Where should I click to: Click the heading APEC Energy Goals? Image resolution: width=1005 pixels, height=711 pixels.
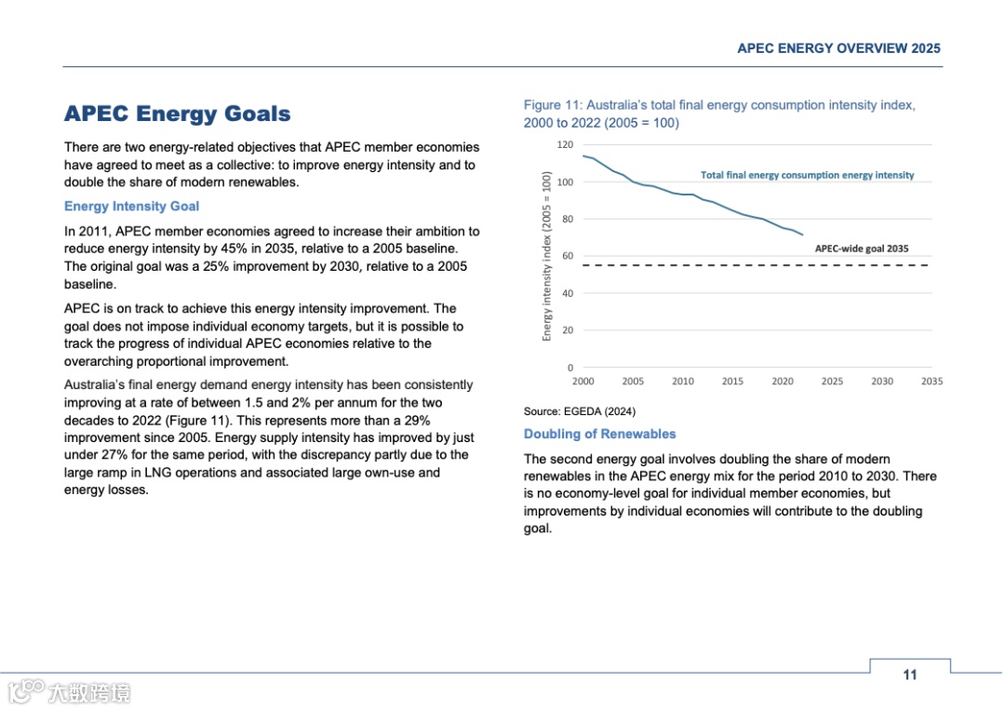(177, 114)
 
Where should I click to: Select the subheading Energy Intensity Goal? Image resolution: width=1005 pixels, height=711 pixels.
(131, 207)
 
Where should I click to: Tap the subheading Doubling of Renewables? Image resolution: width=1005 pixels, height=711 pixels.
(599, 434)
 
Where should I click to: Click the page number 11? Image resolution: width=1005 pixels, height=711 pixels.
(909, 675)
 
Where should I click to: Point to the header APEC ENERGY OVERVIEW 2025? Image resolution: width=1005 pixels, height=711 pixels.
(838, 48)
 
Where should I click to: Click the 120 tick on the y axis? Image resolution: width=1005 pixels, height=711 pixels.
(564, 145)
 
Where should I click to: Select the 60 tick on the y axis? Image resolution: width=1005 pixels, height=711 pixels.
(567, 256)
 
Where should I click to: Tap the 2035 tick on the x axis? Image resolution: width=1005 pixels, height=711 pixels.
(931, 382)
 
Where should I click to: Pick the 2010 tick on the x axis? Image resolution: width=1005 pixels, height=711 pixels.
(682, 382)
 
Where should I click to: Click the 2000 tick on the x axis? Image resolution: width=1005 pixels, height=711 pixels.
(583, 382)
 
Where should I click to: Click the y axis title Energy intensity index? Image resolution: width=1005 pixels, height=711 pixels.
(547, 256)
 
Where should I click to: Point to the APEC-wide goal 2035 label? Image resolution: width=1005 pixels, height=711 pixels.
(861, 249)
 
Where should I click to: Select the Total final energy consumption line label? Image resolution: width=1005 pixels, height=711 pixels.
(807, 175)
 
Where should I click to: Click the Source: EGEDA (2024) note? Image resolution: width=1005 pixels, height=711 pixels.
(579, 411)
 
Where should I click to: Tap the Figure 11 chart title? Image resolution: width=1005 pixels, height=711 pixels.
(718, 114)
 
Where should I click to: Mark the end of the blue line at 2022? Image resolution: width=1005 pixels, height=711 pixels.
(802, 235)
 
